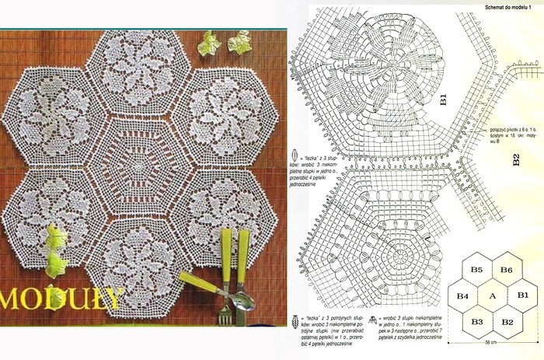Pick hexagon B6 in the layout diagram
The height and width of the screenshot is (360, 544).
[x=506, y=270]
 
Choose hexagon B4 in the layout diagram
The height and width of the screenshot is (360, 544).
[x=462, y=296]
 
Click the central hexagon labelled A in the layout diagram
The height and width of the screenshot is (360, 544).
[x=492, y=296]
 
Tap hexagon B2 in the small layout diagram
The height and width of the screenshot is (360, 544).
[x=506, y=321]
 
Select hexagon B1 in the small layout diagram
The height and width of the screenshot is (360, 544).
[x=522, y=295]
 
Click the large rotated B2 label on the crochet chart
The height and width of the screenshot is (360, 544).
[x=516, y=161]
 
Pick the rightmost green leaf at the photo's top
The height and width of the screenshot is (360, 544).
[x=239, y=42]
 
